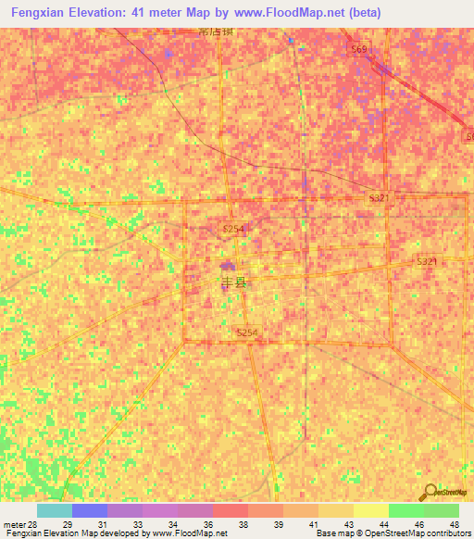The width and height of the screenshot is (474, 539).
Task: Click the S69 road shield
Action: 359,48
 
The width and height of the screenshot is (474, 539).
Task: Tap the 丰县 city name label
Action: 233,284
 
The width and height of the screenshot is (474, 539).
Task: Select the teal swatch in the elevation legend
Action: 55,510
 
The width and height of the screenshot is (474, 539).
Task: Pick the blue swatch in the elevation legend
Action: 90,510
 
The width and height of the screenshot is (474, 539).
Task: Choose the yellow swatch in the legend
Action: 371,510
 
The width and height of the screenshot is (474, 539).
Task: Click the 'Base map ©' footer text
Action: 339,534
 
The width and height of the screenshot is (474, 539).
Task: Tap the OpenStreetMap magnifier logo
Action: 430,493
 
